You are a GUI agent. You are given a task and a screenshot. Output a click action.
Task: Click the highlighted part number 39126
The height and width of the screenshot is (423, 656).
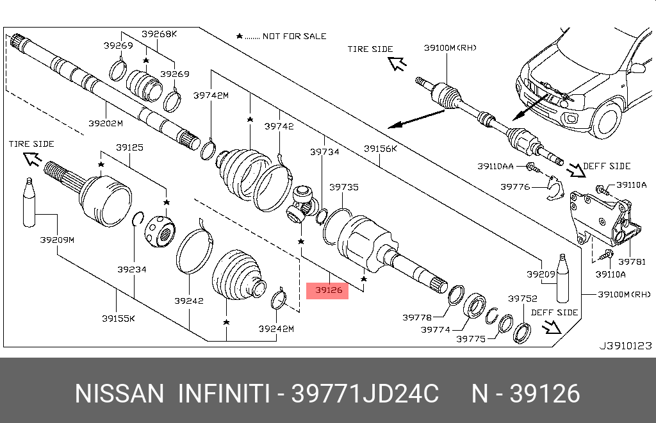[328, 290]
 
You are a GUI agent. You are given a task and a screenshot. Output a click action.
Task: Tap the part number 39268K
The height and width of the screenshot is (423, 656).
[160, 34]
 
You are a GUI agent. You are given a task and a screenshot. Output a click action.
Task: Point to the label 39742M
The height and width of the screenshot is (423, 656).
[211, 95]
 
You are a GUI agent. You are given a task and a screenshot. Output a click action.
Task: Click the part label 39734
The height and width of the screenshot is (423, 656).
[325, 152]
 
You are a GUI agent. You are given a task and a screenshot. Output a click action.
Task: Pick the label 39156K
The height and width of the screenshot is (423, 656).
[381, 149]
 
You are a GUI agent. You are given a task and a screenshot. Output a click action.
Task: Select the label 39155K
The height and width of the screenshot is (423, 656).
[117, 318]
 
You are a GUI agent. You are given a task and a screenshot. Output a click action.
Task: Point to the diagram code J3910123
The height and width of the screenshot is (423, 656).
[625, 345]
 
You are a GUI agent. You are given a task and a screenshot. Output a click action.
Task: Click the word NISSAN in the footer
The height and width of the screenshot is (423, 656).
[119, 394]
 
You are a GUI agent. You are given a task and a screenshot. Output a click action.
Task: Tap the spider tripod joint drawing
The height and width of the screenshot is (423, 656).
[302, 204]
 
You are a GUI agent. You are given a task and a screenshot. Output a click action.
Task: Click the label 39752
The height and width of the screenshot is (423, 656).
[523, 299]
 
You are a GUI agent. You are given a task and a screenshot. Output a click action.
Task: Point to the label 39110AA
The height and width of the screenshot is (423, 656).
[495, 166]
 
